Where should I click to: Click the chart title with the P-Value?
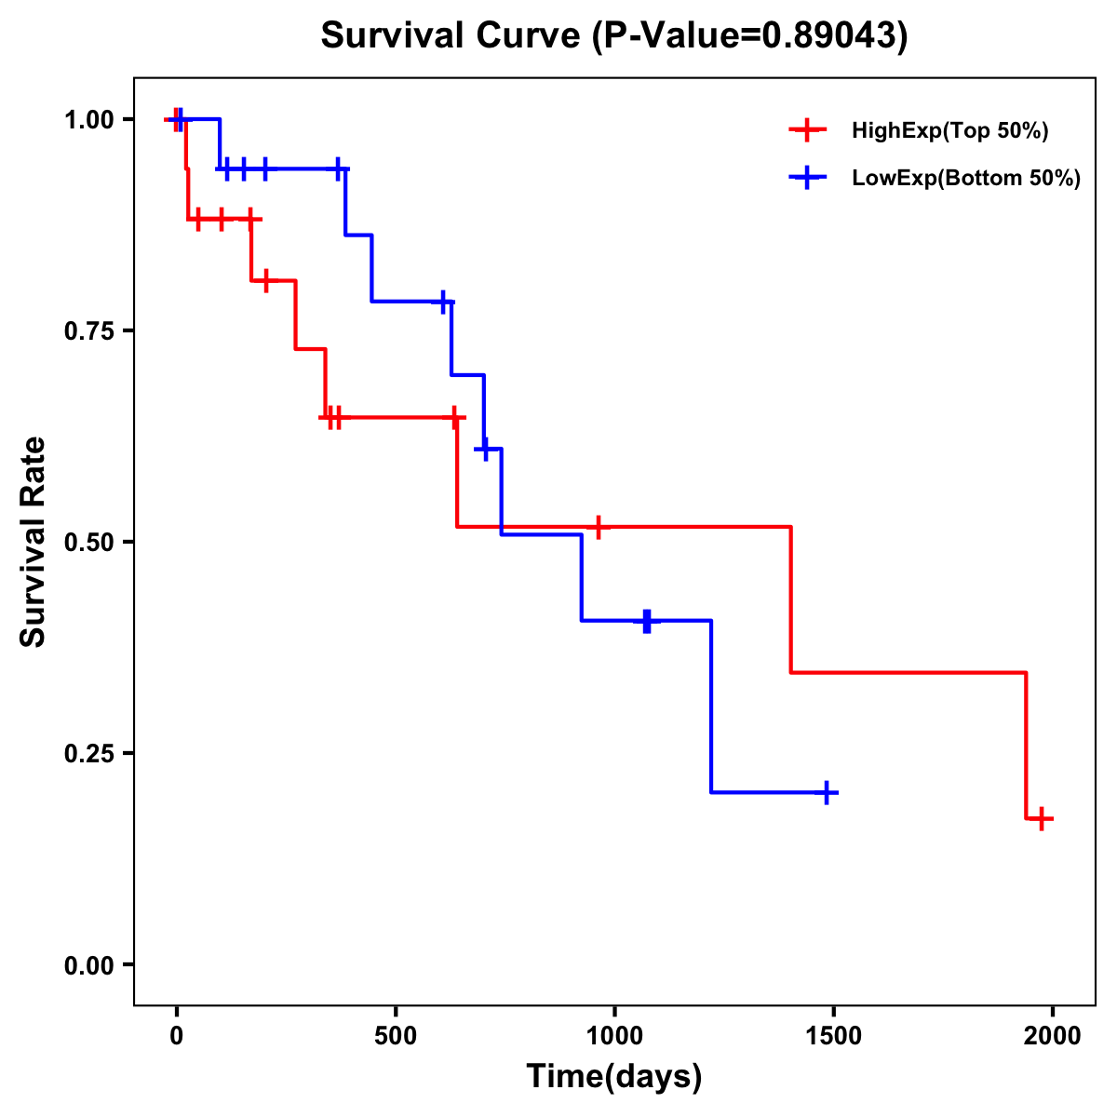[x=613, y=36]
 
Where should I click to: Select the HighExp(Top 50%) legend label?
[x=949, y=131]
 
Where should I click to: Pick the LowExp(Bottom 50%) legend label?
[x=966, y=179]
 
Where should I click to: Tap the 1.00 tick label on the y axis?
[x=87, y=120]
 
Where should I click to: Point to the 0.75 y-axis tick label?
[x=87, y=331]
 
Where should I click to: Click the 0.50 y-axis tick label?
[x=87, y=543]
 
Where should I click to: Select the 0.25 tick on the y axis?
[x=87, y=754]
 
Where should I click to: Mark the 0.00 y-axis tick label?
[x=87, y=965]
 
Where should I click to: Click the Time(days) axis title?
[x=613, y=1077]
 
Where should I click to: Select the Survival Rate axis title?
[x=34, y=542]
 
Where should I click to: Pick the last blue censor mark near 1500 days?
[x=825, y=793]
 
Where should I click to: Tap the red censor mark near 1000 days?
[x=599, y=527]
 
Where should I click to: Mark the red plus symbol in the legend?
[x=807, y=131]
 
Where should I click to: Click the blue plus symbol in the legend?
[x=807, y=179]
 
